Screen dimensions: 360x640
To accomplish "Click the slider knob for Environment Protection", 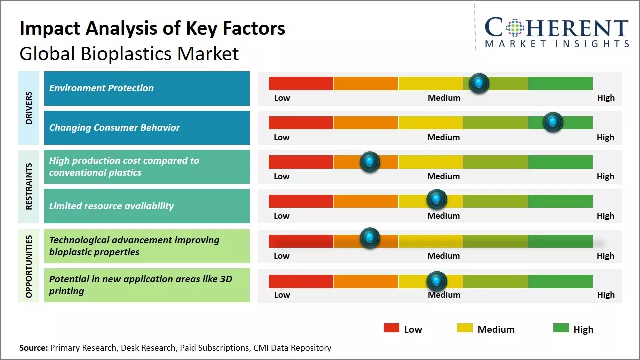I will click(x=479, y=83).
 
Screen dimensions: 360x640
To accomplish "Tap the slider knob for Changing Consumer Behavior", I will click(x=553, y=122).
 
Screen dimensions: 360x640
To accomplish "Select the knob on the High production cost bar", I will click(x=370, y=162).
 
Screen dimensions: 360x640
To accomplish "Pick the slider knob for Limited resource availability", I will click(x=437, y=200).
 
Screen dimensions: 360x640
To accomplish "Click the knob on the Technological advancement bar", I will click(x=370, y=238).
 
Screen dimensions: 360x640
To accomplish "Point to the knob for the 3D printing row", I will click(x=437, y=281).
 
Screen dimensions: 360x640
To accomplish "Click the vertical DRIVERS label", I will click(x=29, y=108).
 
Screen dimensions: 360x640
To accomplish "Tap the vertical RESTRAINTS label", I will click(x=29, y=186).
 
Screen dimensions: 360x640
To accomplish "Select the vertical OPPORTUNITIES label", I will click(x=29, y=266).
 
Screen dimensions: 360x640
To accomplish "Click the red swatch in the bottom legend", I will click(x=391, y=328).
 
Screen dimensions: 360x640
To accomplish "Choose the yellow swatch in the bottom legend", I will click(x=465, y=328).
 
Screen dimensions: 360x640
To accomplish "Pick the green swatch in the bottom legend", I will click(x=561, y=328).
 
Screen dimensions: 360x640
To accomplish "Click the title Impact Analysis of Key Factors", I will click(x=152, y=29).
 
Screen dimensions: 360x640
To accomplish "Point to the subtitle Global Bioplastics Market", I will click(x=129, y=54).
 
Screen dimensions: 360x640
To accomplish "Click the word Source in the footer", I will click(x=33, y=348).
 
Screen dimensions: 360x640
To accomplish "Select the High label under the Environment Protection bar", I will click(x=606, y=98).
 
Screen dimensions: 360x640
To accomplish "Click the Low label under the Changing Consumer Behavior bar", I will click(x=282, y=137).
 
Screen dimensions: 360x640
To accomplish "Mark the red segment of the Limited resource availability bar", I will click(x=301, y=201).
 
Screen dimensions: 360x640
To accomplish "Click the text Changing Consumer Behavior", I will click(x=114, y=127).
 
